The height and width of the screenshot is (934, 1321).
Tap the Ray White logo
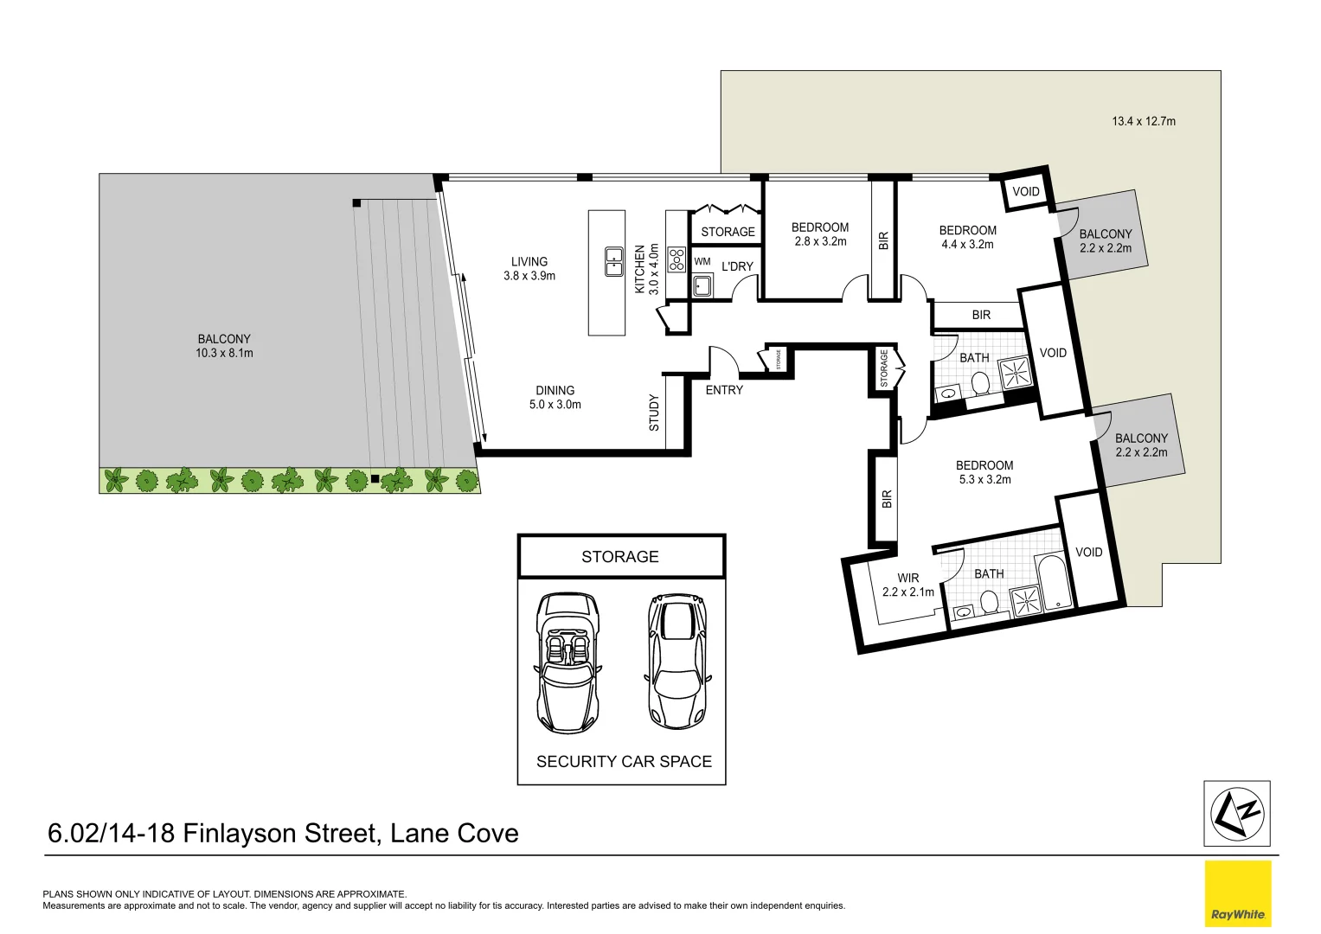(x=1238, y=893)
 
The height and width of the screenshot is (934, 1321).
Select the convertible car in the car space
(x=568, y=662)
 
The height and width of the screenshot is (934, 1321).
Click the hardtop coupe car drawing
(x=677, y=661)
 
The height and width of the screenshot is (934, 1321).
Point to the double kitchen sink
(x=614, y=262)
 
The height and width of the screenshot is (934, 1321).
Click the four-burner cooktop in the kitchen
(x=677, y=259)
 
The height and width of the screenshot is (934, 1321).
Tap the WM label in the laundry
(x=702, y=261)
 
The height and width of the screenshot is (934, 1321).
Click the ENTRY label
(x=724, y=390)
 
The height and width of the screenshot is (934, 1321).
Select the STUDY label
(x=654, y=413)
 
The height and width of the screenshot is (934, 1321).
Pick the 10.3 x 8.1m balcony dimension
(x=224, y=353)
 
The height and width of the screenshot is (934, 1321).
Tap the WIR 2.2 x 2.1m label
(x=908, y=585)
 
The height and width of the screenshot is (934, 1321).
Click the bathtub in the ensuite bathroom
(x=1055, y=581)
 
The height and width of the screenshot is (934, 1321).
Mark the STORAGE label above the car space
(x=619, y=557)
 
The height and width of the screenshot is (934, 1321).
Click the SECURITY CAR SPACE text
(x=624, y=761)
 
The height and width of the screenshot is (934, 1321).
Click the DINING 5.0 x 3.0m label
(x=555, y=398)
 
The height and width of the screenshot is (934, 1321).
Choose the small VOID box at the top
(x=1025, y=192)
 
